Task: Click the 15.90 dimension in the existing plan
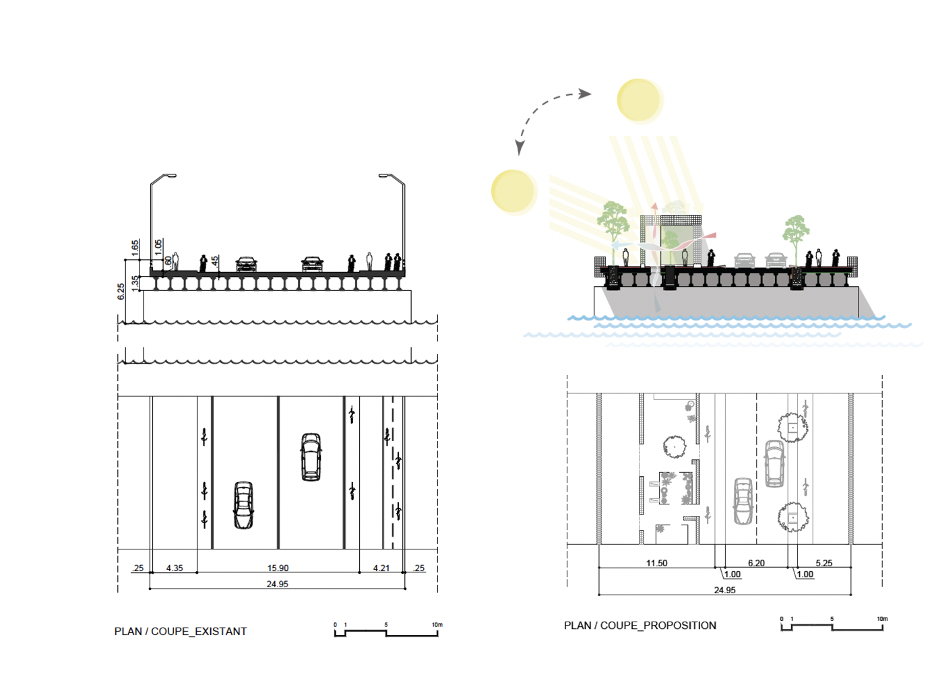point(278,568)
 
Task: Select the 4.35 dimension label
point(175,568)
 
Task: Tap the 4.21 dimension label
point(381,568)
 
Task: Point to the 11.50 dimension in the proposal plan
point(656,563)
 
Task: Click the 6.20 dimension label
point(756,563)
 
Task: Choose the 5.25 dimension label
point(823,563)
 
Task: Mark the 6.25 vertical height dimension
point(121,291)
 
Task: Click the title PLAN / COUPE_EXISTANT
point(181,631)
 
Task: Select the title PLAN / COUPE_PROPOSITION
point(640,625)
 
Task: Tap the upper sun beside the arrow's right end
point(639,100)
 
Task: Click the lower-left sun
point(513,191)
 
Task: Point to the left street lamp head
point(169,175)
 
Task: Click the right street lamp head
point(385,175)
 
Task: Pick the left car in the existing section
point(246,263)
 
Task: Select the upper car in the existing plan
point(311,457)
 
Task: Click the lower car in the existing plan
point(243,505)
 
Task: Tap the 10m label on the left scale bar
point(437,625)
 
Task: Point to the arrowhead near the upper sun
point(586,94)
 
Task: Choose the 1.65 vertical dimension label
point(135,248)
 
